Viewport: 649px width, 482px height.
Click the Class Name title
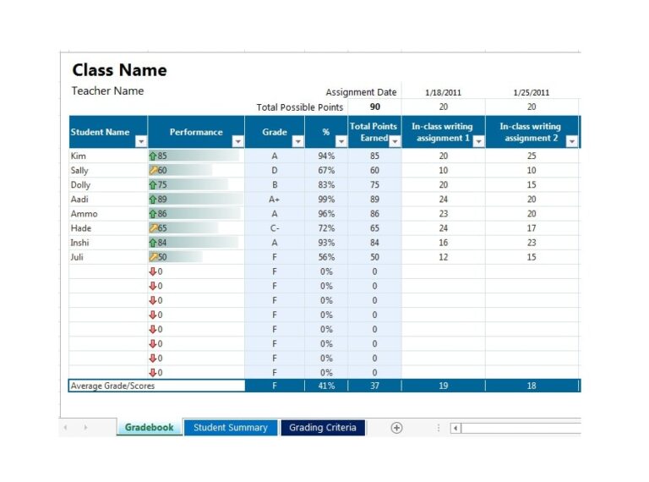tap(119, 70)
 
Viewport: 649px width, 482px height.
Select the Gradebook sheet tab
tap(149, 428)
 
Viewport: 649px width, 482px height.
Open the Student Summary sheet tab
tap(230, 428)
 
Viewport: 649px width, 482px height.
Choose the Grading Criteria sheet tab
tap(323, 428)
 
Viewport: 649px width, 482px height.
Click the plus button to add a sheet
tap(396, 428)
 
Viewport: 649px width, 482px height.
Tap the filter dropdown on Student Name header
tap(141, 142)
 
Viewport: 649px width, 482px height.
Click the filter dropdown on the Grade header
tap(296, 142)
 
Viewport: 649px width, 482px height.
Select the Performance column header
tap(195, 132)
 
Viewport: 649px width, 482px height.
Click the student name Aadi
tap(79, 200)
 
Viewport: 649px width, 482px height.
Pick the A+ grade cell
tap(274, 200)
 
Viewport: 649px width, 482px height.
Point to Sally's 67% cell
tap(325, 171)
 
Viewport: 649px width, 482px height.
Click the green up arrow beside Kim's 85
tap(153, 156)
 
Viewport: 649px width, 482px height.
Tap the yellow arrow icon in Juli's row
tap(153, 257)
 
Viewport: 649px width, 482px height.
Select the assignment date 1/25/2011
tap(531, 93)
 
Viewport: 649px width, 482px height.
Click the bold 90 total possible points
tap(374, 107)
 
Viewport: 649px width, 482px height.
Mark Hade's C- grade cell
tap(274, 228)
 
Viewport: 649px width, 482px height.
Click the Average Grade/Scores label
tap(112, 386)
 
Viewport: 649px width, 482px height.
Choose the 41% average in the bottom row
tap(325, 386)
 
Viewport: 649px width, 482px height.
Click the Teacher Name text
tap(107, 91)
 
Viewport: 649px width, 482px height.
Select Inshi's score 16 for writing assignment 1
tap(443, 243)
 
